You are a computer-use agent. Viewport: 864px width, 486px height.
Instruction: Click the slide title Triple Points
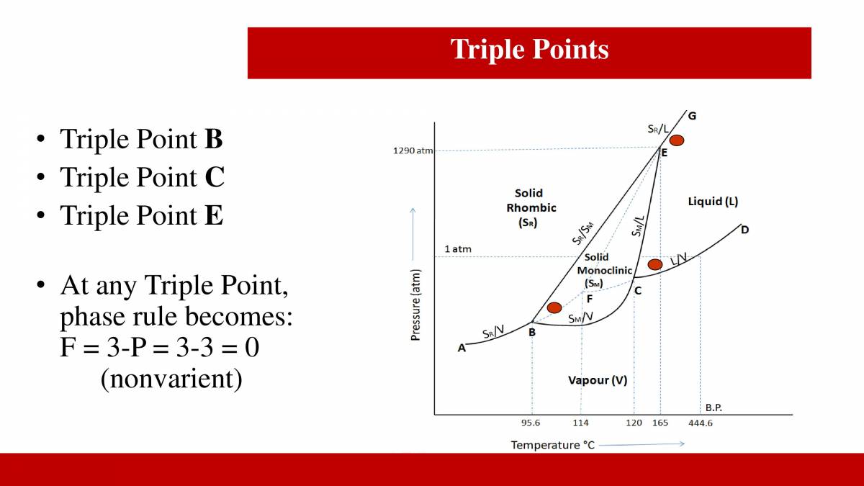(529, 50)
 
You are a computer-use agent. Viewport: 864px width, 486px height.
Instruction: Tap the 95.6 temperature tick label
(531, 423)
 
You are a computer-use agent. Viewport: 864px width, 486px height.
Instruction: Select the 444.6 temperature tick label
(700, 423)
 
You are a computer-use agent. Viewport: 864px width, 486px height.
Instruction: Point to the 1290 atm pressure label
(413, 151)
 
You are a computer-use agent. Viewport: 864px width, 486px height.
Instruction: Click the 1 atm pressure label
(458, 249)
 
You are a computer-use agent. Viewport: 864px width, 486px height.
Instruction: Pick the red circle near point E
(677, 140)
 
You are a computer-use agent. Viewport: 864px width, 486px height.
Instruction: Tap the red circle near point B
(554, 308)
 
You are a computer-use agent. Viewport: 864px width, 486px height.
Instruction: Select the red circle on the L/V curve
(654, 265)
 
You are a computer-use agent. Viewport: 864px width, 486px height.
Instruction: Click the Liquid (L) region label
(713, 202)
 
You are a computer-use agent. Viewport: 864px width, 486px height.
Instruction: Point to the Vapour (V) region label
(597, 380)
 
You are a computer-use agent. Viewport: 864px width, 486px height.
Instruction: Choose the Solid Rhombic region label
(531, 207)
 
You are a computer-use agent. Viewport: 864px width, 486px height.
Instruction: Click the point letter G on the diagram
(692, 115)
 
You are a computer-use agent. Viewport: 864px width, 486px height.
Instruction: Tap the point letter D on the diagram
(744, 230)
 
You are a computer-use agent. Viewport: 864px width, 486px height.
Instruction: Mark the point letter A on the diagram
(462, 348)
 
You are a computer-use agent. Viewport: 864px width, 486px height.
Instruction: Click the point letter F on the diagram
(589, 299)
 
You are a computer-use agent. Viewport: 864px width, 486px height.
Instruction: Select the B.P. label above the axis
(714, 408)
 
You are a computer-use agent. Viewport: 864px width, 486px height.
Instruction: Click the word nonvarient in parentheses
(171, 378)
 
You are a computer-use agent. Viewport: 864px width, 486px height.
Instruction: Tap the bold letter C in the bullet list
(215, 177)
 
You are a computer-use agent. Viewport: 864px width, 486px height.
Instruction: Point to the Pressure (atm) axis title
(415, 305)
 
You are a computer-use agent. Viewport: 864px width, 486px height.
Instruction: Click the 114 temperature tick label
(580, 423)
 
